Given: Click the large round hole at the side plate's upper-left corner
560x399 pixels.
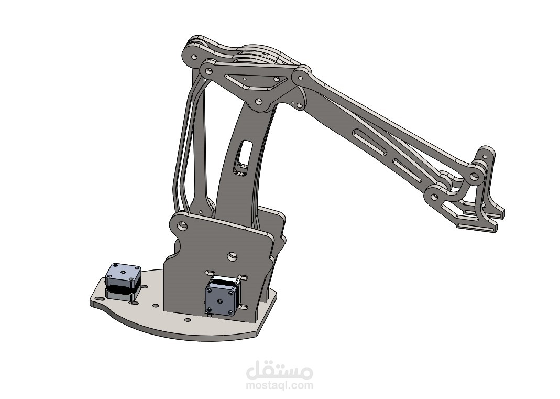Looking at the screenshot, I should click(181, 227).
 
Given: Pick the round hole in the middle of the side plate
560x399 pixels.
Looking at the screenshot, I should click(230, 257).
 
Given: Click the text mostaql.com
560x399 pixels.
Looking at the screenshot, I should click(280, 385).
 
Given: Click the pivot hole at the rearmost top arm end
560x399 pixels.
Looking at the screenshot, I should click(192, 55).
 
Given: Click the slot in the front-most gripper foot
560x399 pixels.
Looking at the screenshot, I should click(477, 227).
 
